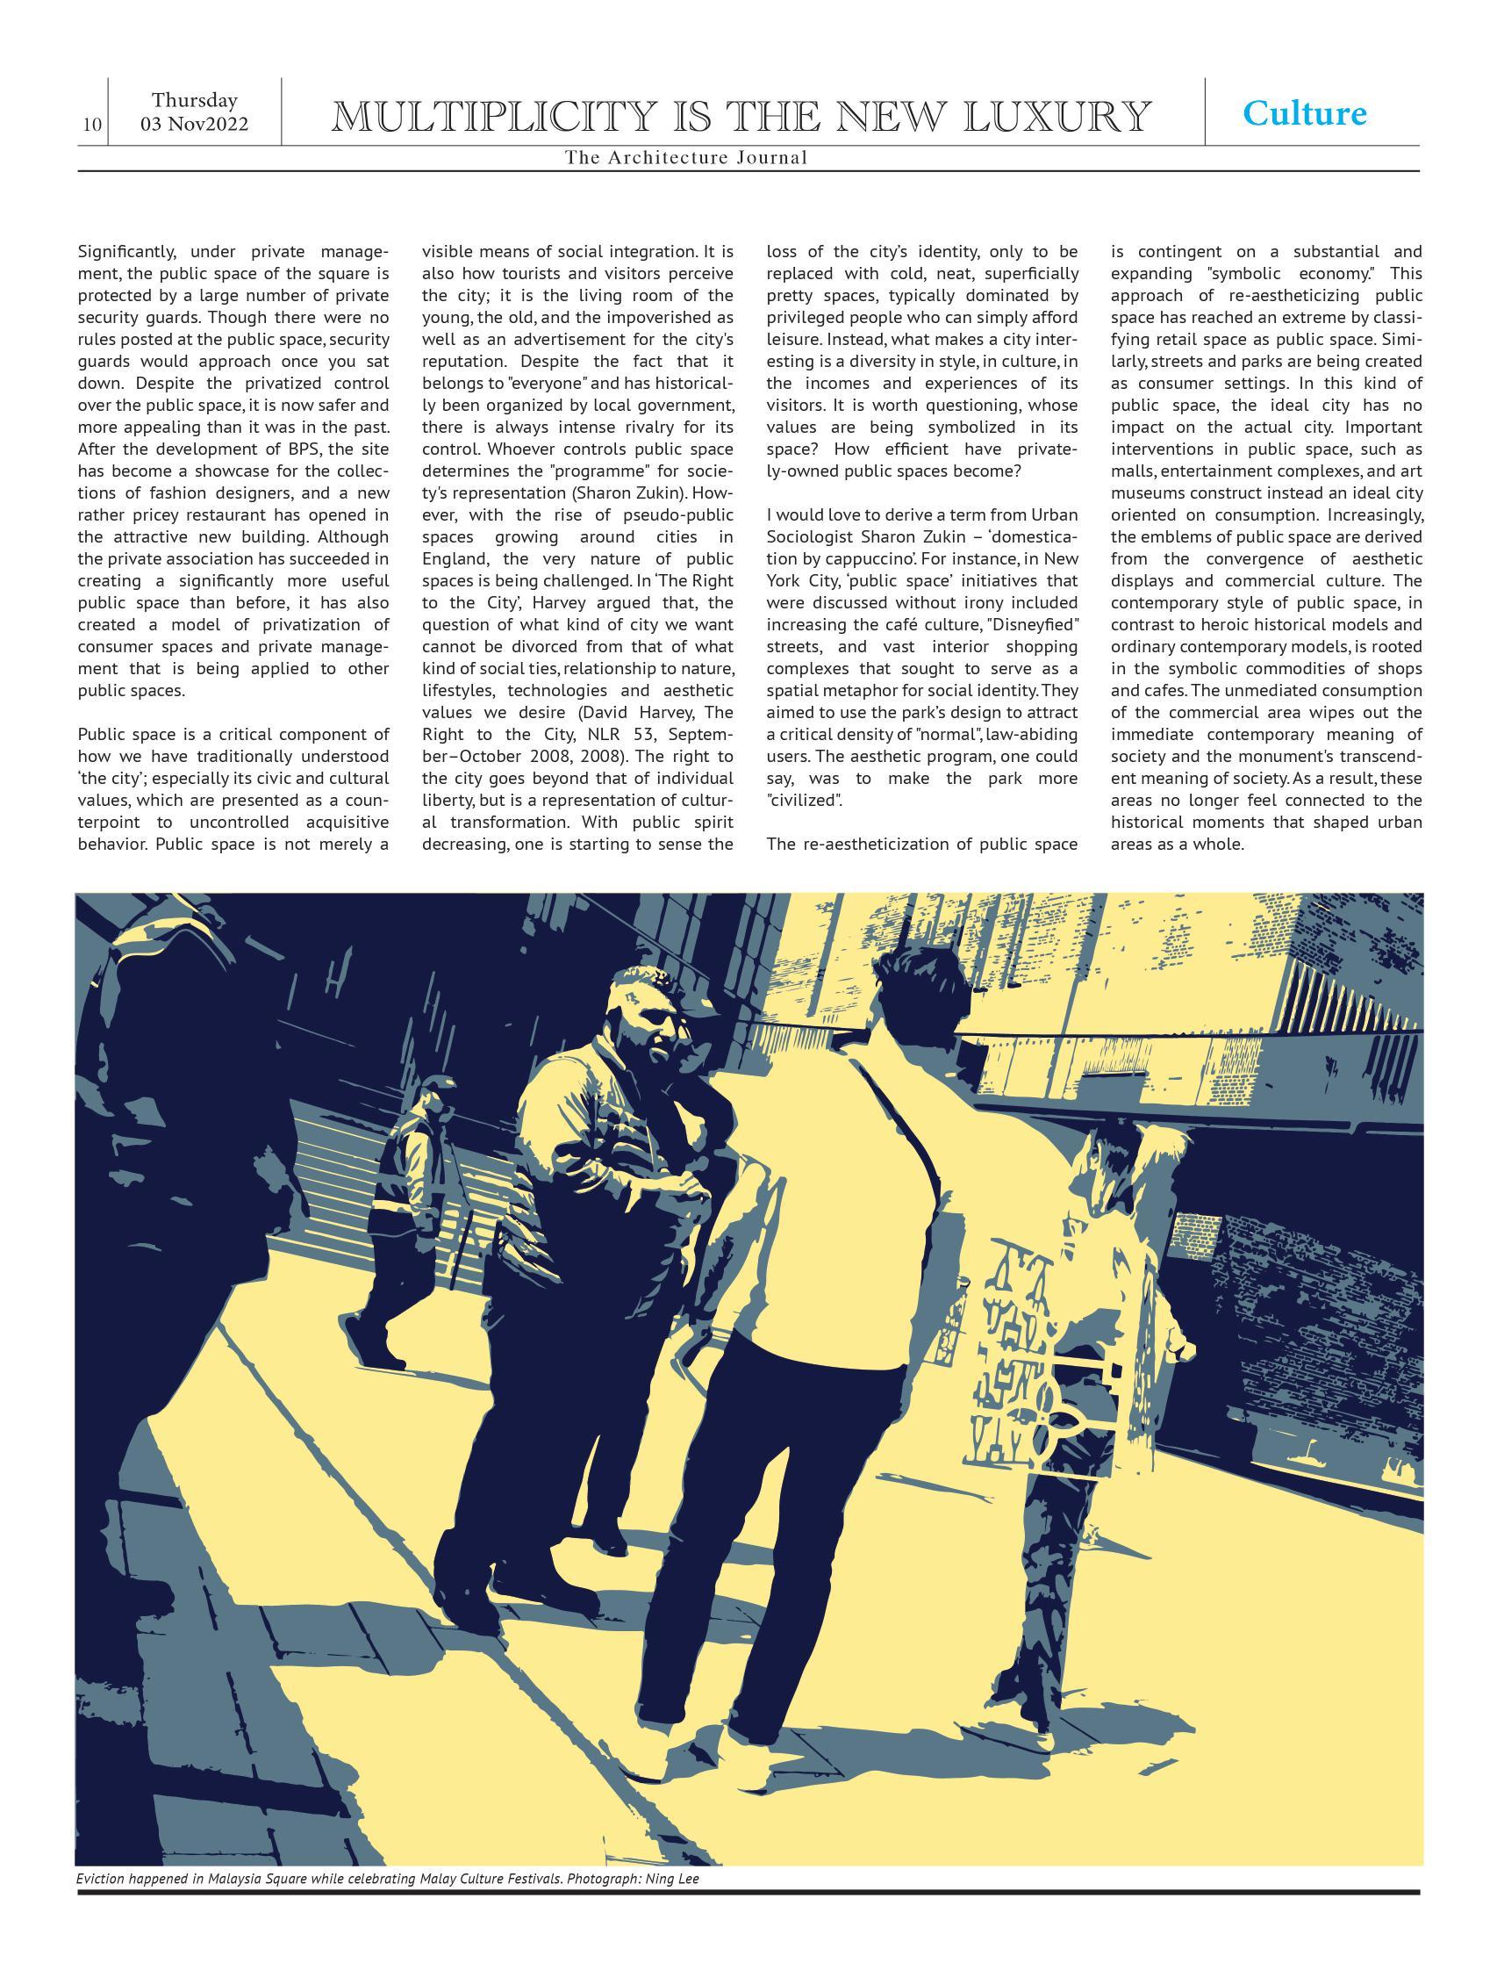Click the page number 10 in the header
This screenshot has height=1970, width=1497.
(91, 124)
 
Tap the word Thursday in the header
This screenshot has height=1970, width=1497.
(194, 100)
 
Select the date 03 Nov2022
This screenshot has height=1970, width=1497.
(194, 124)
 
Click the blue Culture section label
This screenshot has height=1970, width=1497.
(1304, 113)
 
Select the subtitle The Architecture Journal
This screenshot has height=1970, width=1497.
(685, 158)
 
